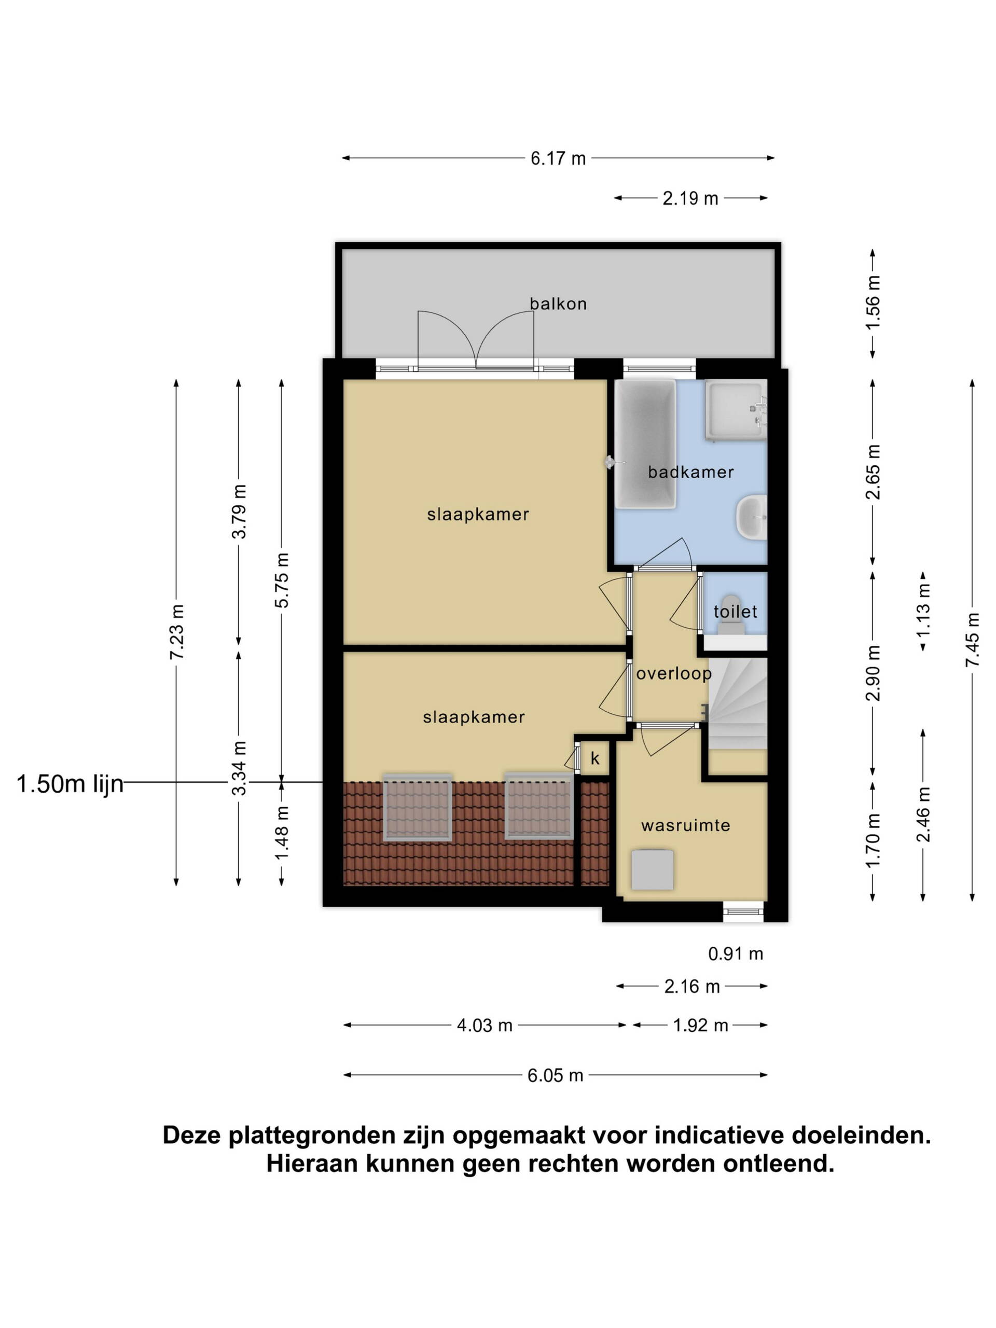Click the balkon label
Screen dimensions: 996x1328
click(558, 304)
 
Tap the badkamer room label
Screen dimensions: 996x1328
click(690, 472)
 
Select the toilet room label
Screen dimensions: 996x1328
click(735, 612)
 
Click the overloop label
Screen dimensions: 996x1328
click(674, 674)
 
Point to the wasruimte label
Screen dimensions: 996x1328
click(686, 825)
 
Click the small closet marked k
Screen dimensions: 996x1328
click(595, 759)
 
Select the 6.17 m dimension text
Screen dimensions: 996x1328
click(558, 159)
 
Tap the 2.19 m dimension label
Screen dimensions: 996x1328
click(690, 198)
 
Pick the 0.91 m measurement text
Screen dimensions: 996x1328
click(736, 953)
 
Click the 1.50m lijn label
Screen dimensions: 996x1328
click(70, 784)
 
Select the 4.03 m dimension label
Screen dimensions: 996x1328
click(485, 1025)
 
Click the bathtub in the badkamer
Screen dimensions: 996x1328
click(645, 444)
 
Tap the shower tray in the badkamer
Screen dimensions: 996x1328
click(736, 409)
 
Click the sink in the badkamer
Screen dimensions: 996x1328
click(752, 517)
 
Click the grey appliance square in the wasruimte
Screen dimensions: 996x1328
click(652, 870)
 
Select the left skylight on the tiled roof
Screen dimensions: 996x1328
click(418, 808)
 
